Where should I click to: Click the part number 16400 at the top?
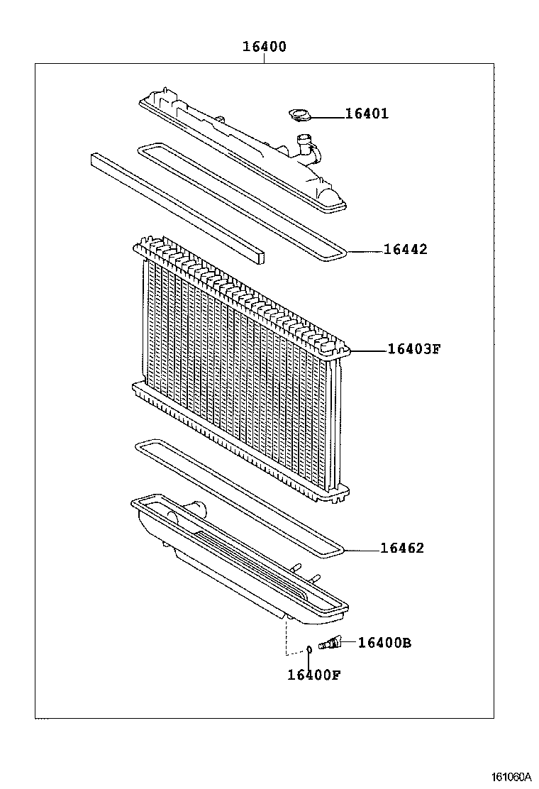(x=264, y=47)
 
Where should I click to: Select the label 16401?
(x=367, y=114)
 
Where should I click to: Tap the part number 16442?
(x=406, y=250)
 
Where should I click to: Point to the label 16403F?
(x=414, y=349)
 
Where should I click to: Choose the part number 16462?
(x=402, y=548)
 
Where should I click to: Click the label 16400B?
(x=384, y=643)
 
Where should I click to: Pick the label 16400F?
(x=313, y=675)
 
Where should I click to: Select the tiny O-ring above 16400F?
(x=309, y=649)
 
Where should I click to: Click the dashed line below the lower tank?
(x=286, y=635)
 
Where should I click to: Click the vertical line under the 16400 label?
(x=264, y=59)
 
